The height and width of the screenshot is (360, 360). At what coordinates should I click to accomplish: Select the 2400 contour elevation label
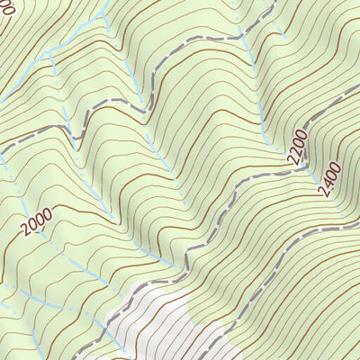pos(329,179)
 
